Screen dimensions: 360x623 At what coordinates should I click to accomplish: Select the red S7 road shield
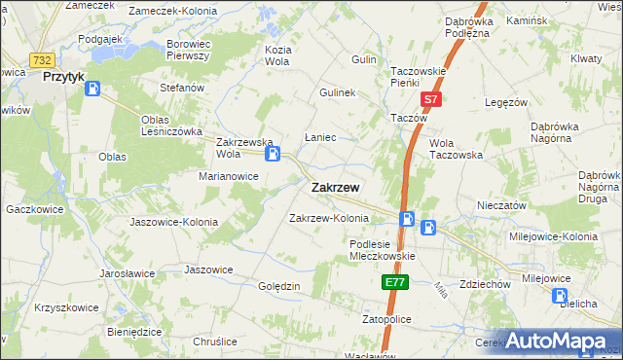pyautogui.click(x=431, y=100)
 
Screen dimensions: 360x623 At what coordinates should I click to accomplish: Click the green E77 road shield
pyautogui.click(x=394, y=282)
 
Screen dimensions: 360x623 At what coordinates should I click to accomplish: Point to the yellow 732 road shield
pyautogui.click(x=40, y=60)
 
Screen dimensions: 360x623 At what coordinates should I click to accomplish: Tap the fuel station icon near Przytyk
pyautogui.click(x=93, y=89)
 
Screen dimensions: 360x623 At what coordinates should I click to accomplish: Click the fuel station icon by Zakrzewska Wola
pyautogui.click(x=275, y=153)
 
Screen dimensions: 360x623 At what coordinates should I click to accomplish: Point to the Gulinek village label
pyautogui.click(x=338, y=93)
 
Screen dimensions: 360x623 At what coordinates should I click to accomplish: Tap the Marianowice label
pyautogui.click(x=228, y=176)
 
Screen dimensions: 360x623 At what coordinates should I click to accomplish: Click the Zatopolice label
pyautogui.click(x=387, y=319)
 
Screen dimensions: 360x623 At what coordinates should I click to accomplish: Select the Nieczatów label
pyautogui.click(x=501, y=206)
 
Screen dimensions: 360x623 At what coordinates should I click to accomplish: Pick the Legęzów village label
pyautogui.click(x=505, y=102)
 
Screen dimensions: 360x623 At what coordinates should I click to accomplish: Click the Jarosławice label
pyautogui.click(x=128, y=273)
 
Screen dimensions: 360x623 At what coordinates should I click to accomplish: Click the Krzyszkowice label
pyautogui.click(x=66, y=307)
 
